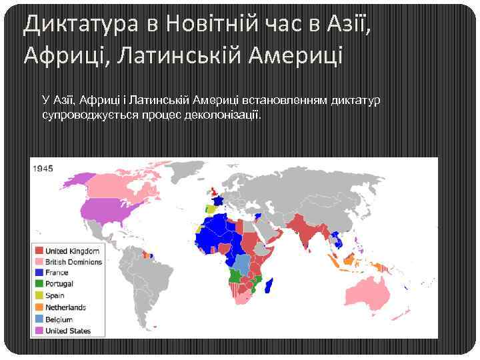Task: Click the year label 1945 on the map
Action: pyautogui.click(x=43, y=169)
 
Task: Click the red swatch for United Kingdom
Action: pyautogui.click(x=39, y=251)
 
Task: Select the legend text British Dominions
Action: pyautogui.click(x=73, y=262)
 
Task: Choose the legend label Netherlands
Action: pyautogui.click(x=65, y=307)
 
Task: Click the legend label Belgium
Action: pyautogui.click(x=59, y=319)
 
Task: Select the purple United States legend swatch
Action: pyautogui.click(x=39, y=331)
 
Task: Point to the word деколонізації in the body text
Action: pyautogui.click(x=223, y=115)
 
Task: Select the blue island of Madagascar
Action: pyautogui.click(x=270, y=287)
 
